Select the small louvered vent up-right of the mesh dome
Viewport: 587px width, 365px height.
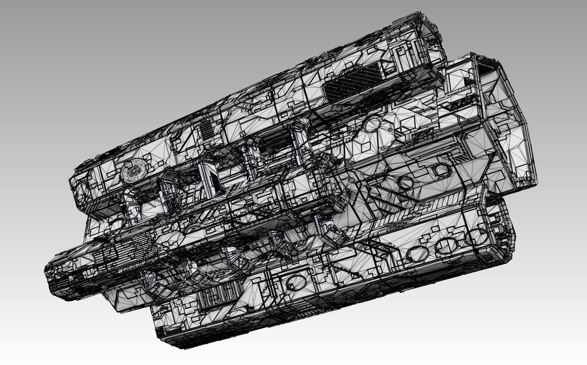coord(206,130)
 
